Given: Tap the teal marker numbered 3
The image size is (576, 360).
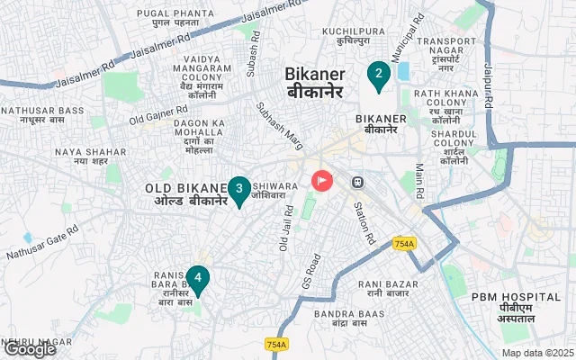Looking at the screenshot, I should coord(238,189).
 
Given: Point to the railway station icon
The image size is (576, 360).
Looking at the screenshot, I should coord(358,181).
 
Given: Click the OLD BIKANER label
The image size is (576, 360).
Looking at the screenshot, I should coord(186,194).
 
